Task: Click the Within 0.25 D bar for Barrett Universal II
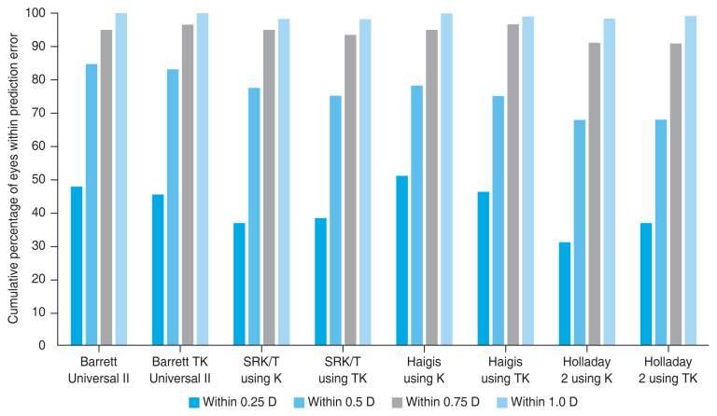click(x=77, y=266)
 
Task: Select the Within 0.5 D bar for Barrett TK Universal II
click(x=173, y=207)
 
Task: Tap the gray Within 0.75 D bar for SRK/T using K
click(x=269, y=187)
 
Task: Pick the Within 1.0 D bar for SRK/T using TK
click(x=365, y=182)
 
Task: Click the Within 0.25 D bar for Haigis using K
click(x=402, y=260)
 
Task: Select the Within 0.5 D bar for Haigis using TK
click(x=498, y=220)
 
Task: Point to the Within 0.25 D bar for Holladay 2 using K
click(x=565, y=294)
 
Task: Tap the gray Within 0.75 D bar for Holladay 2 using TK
click(x=675, y=195)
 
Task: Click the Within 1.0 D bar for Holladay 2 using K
click(x=609, y=182)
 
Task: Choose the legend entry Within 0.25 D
click(x=232, y=402)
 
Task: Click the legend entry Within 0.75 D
click(x=436, y=402)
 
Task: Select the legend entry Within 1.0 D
click(x=537, y=402)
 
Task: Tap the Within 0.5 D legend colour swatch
click(x=299, y=403)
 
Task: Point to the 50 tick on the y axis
click(x=55, y=180)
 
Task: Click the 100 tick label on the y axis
click(x=35, y=13)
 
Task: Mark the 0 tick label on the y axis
click(x=42, y=346)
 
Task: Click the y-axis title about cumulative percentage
click(x=13, y=178)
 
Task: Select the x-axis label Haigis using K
click(x=424, y=370)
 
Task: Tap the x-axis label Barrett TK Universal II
click(x=179, y=370)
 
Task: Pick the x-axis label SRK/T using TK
click(x=343, y=370)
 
